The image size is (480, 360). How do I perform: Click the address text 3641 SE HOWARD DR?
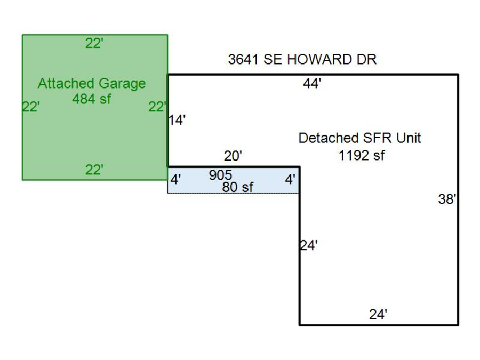302,60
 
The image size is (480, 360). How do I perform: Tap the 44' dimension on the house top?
312,84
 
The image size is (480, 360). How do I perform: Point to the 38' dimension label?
447,199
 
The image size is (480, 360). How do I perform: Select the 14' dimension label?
177,121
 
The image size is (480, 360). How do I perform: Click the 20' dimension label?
233,156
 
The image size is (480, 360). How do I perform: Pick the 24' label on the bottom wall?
378,315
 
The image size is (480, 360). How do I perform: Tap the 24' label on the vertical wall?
308,246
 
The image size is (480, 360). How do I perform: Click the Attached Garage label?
92,84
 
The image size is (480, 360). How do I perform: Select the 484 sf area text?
92,99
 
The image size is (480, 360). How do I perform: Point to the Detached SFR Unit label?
359,138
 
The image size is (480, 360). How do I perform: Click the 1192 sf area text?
362,156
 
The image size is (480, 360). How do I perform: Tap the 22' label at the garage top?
94,44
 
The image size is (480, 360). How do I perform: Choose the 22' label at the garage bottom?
94,170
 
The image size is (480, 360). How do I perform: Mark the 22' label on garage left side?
31,107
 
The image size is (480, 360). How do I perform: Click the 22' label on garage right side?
157,107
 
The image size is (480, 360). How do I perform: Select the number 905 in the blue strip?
220,175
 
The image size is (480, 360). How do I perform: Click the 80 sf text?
237,187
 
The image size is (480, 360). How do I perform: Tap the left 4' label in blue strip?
175,180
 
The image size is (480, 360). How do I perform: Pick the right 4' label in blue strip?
290,180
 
